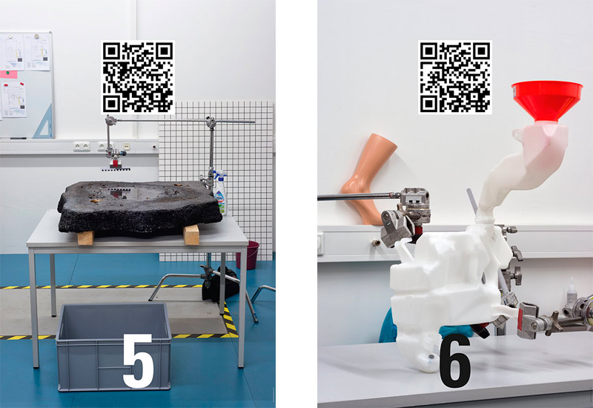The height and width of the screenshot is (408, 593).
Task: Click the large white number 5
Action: [138, 361]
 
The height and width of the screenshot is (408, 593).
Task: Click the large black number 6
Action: [455, 361]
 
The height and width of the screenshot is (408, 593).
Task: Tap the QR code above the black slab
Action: [138, 77]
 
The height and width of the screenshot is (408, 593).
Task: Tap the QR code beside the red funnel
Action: [455, 77]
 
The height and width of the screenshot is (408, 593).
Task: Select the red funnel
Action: [547, 100]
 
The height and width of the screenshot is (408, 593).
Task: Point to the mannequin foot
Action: [368, 178]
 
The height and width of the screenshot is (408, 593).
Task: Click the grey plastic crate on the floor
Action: [113, 346]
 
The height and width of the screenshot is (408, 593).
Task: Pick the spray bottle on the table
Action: [220, 193]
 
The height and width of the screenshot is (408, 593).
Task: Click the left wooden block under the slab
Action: [85, 237]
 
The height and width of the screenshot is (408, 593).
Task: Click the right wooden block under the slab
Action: [191, 234]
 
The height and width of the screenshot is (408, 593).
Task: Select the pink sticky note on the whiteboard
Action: [8, 74]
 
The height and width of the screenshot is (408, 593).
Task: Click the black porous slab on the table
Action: [139, 208]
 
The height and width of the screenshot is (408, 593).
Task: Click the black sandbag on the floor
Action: [220, 284]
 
